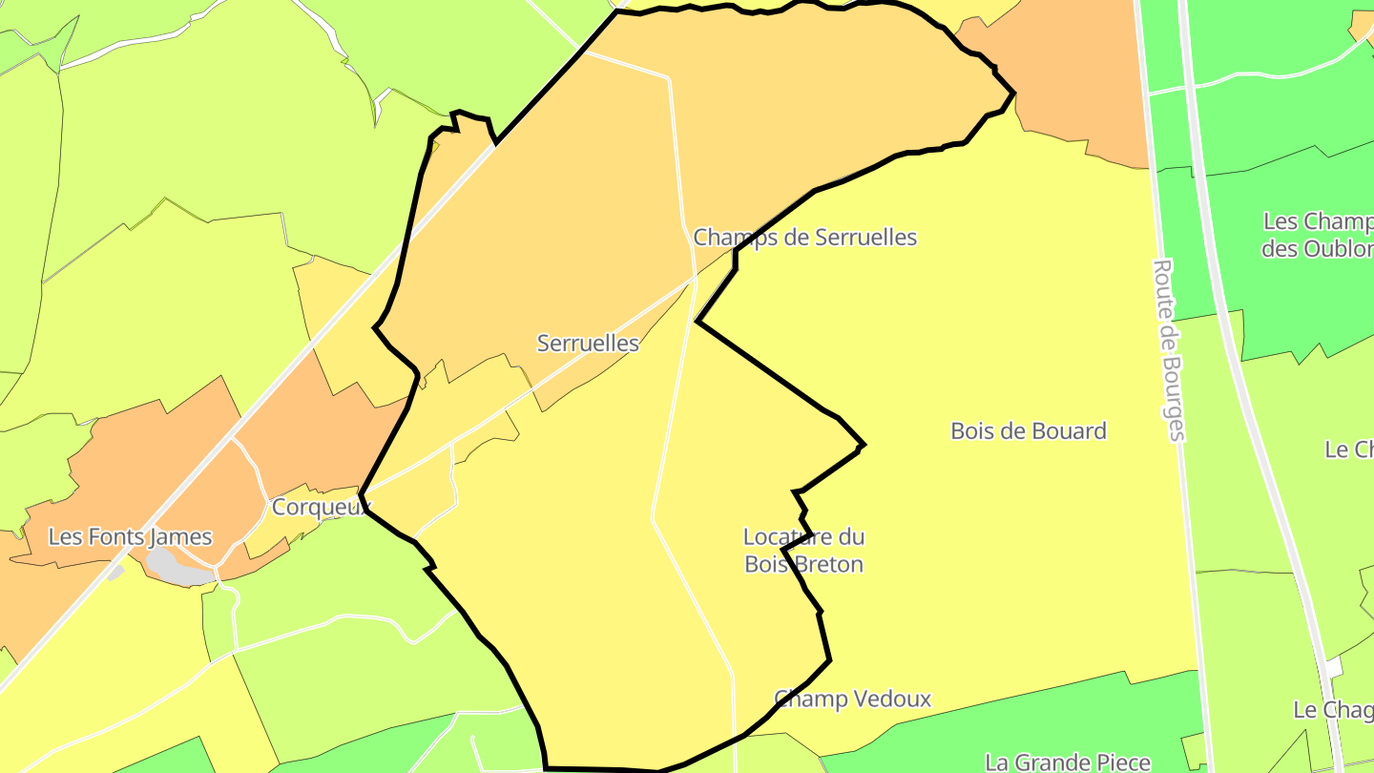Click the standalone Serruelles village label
(588, 343)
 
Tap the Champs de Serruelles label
(804, 237)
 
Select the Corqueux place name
(320, 507)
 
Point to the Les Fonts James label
(130, 537)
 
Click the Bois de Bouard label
(1029, 430)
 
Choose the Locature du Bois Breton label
(804, 550)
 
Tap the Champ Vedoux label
(852, 699)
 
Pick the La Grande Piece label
(1068, 762)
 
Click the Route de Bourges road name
(1169, 349)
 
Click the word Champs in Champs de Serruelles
(730, 237)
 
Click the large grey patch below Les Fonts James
(178, 569)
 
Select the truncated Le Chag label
(1333, 709)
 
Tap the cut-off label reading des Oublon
(1317, 249)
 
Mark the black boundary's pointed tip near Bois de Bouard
(864, 445)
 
